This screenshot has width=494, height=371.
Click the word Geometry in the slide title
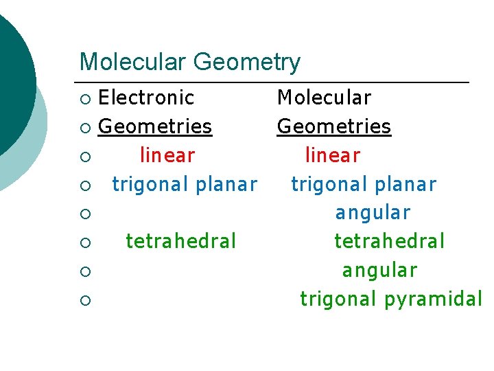click(247, 63)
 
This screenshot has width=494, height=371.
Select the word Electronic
click(146, 98)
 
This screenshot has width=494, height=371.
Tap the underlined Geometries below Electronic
click(155, 126)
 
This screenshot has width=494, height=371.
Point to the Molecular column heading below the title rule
click(324, 98)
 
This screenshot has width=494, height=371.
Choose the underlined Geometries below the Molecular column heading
click(333, 126)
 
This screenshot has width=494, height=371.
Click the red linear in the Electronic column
click(167, 155)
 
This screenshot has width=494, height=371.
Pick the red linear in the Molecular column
click(333, 155)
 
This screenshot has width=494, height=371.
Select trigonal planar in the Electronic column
click(185, 184)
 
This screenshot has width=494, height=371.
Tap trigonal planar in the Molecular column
click(364, 184)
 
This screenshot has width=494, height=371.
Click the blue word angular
click(373, 213)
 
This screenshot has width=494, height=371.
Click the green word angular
click(379, 271)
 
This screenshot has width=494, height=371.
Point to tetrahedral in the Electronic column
click(181, 241)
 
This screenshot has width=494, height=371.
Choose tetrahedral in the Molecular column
click(390, 241)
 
